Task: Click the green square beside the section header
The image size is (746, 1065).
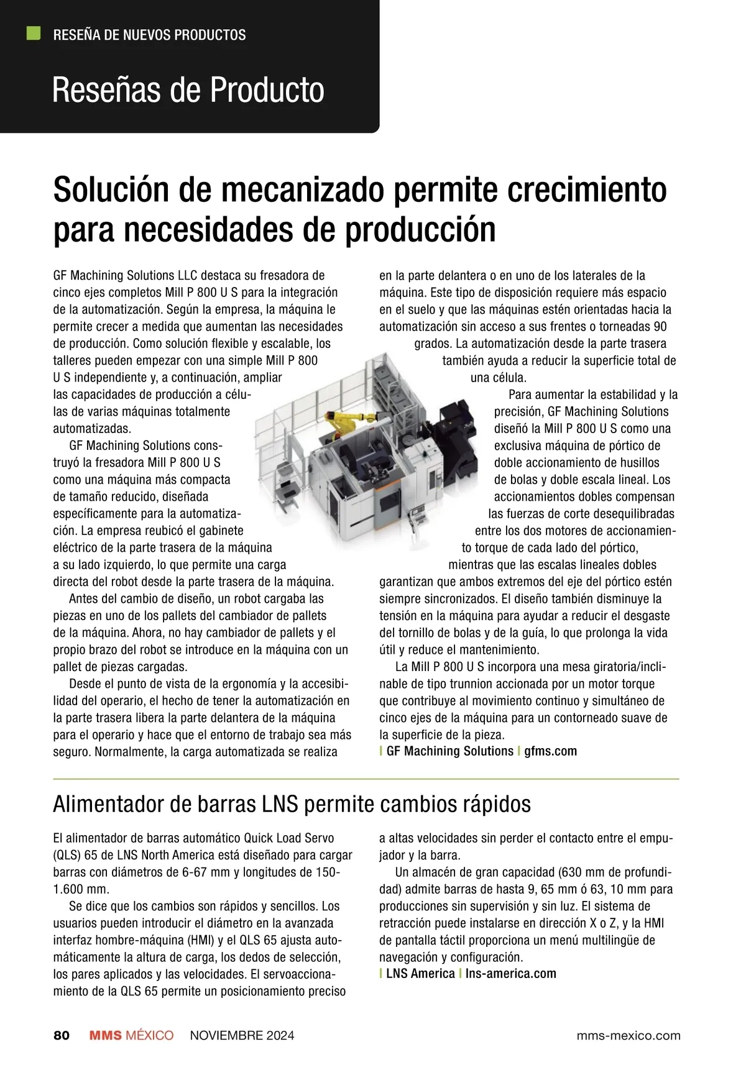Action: [x=34, y=34]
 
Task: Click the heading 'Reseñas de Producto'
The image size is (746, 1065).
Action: [x=188, y=90]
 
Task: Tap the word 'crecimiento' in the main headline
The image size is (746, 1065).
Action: [x=586, y=190]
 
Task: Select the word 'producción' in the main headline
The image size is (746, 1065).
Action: [x=421, y=229]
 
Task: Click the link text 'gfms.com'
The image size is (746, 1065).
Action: [x=550, y=751]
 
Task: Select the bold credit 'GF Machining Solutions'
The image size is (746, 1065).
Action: [x=449, y=751]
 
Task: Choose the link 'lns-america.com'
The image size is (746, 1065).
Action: [x=510, y=974]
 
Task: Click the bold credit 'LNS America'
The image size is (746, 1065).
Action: [x=420, y=974]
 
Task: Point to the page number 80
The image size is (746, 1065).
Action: [x=62, y=1035]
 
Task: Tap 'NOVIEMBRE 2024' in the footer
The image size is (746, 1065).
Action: [x=242, y=1035]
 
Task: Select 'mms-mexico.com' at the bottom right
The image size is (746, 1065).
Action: [x=629, y=1035]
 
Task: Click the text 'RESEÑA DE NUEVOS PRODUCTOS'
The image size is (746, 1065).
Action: [x=149, y=35]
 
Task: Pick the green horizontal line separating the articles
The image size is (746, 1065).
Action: [x=366, y=778]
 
